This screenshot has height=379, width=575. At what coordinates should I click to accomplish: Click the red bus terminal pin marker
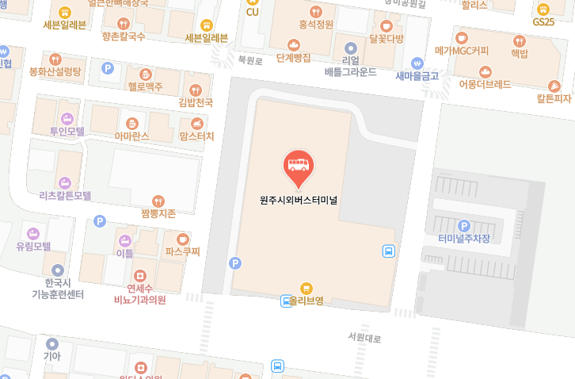coord(298,167)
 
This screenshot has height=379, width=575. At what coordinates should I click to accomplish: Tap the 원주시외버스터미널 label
coord(299,201)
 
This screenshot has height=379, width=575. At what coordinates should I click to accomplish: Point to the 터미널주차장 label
coord(464,239)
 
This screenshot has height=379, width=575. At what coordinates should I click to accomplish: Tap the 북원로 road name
coord(249,60)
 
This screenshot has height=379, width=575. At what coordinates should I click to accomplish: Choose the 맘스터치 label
coord(197,136)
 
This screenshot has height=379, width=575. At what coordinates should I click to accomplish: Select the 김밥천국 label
coord(196,103)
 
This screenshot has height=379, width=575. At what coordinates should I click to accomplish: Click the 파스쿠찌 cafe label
coord(183,252)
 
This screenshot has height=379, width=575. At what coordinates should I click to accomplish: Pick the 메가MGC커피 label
coord(462,51)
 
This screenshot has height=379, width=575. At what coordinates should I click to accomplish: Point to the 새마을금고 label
coord(417,76)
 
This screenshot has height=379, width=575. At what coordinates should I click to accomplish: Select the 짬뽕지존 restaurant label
coord(158,213)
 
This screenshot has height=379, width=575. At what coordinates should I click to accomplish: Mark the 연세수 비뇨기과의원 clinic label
coord(139,294)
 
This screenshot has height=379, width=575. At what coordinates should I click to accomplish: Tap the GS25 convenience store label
coord(543,21)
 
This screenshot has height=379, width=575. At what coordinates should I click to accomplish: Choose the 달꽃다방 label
coord(386,38)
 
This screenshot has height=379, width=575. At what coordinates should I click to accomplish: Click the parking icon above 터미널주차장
coord(464,225)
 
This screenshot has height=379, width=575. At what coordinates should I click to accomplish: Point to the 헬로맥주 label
coord(145,86)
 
